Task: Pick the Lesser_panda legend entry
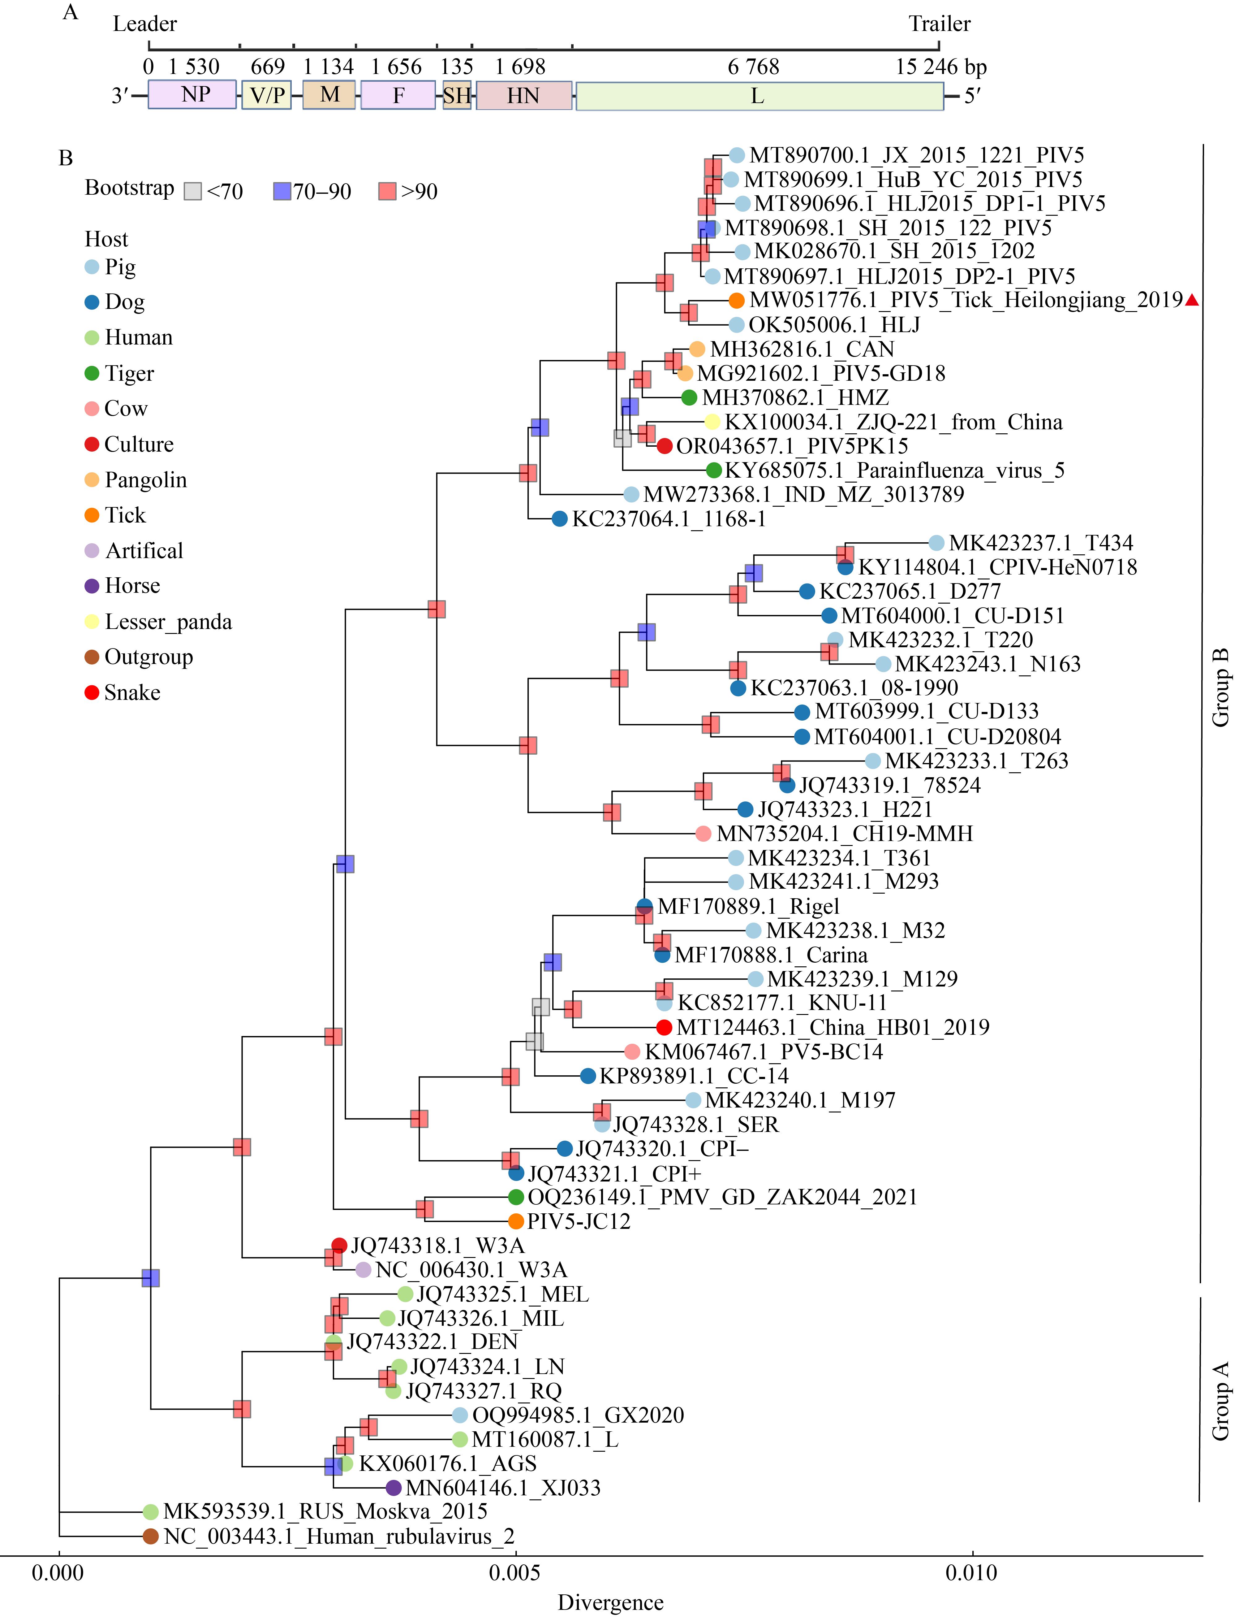click(x=158, y=622)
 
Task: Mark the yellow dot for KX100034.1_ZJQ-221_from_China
click(x=712, y=422)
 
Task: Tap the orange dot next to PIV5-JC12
click(x=516, y=1221)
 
